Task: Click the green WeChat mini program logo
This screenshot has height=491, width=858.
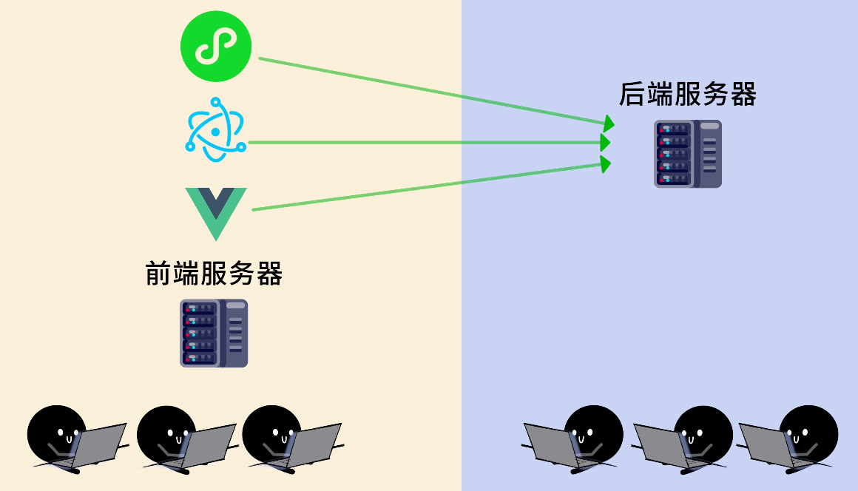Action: click(216, 47)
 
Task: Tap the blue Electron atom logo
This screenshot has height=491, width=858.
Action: click(214, 130)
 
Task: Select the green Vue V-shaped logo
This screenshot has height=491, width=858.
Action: click(215, 211)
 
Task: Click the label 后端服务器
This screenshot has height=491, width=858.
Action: click(687, 95)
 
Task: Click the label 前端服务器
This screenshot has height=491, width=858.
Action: click(214, 274)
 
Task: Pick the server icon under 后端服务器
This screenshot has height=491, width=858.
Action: click(687, 154)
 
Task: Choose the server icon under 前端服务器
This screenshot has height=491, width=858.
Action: click(214, 333)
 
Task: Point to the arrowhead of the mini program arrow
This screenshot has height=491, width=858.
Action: click(609, 122)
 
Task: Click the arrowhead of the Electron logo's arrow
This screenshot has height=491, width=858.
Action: click(606, 142)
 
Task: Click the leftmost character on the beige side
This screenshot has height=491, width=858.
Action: click(56, 433)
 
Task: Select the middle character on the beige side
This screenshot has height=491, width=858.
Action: click(166, 433)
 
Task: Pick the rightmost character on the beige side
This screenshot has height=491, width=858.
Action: click(271, 433)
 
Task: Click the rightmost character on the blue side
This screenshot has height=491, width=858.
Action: click(808, 433)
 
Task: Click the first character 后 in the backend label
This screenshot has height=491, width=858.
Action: click(631, 95)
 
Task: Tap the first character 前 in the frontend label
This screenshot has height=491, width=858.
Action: click(158, 274)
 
